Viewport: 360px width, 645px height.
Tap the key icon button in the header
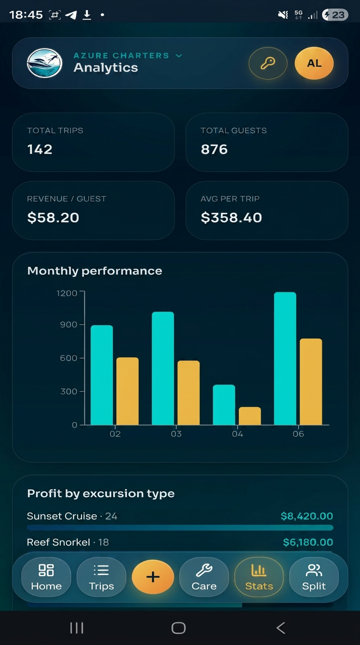click(x=268, y=63)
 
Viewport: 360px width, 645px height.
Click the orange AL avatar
click(x=314, y=63)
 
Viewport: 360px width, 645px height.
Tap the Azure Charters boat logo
click(x=45, y=63)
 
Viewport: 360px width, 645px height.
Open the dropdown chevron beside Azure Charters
click(x=179, y=56)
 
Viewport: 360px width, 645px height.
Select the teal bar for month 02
click(x=102, y=375)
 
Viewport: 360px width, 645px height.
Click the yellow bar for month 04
click(x=250, y=416)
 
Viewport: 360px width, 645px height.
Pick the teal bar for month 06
click(x=285, y=359)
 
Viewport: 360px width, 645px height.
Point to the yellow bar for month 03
click(x=188, y=392)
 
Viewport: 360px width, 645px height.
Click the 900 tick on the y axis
click(x=69, y=324)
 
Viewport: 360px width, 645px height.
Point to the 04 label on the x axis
click(x=237, y=434)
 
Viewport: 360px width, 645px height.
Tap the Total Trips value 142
click(x=40, y=149)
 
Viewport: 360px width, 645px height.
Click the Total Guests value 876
click(x=214, y=149)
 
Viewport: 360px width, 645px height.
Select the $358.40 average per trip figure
click(x=231, y=217)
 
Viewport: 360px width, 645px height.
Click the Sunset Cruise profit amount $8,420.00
click(x=307, y=516)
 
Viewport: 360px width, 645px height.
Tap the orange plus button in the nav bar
click(x=153, y=577)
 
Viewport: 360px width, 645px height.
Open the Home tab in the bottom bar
click(x=46, y=577)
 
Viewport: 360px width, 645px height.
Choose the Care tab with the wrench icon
click(x=204, y=577)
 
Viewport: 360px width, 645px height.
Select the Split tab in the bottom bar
click(x=314, y=577)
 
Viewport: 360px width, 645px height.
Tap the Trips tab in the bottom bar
click(x=101, y=577)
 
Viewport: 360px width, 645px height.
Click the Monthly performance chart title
click(x=95, y=271)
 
